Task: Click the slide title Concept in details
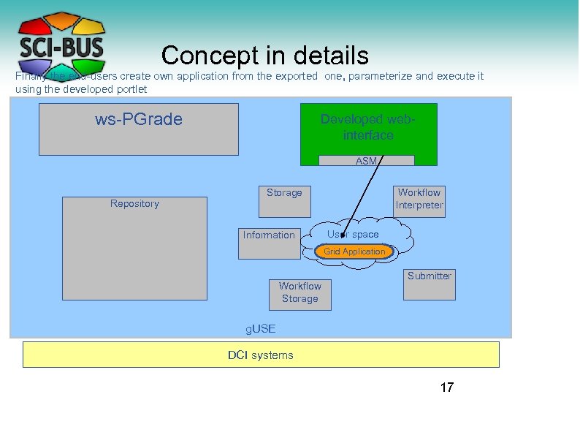point(264,56)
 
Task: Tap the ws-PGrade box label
point(139,119)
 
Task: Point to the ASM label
point(366,161)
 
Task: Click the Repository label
point(134,203)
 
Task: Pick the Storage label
point(284,192)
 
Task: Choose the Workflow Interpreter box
point(419,199)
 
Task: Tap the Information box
point(270,235)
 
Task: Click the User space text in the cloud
point(354,235)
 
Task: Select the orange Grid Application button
point(354,251)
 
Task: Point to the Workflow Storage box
point(299,292)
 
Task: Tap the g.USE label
point(261,329)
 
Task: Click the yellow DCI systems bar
point(261,355)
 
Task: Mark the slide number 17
point(446,387)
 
